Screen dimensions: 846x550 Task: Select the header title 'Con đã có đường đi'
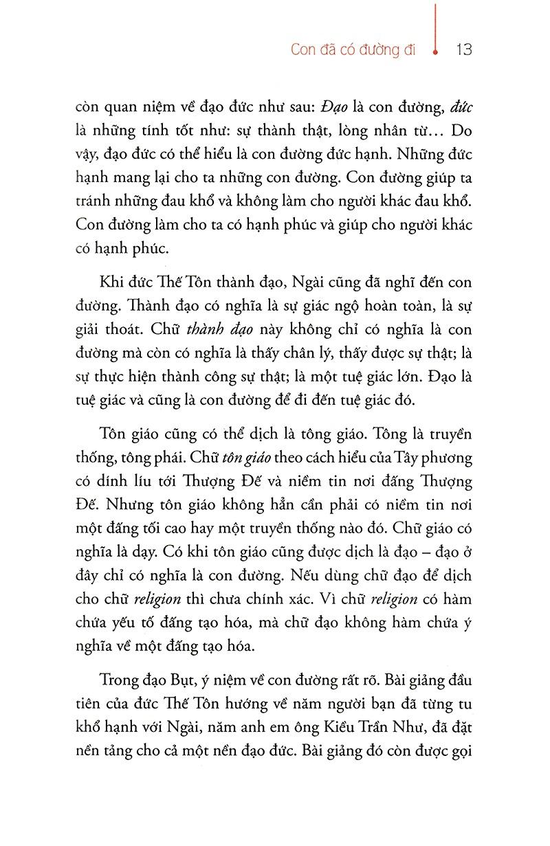353,50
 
